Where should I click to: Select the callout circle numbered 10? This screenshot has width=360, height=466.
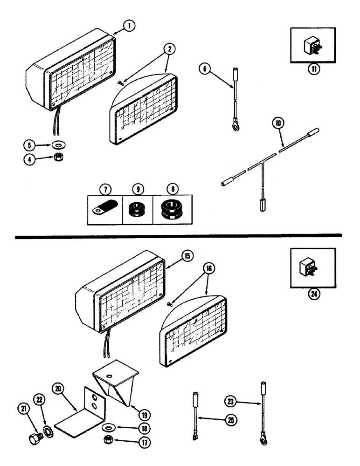[x=278, y=124]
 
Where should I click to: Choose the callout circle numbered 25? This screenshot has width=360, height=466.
[x=230, y=420]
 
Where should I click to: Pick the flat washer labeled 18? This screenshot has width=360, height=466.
[x=108, y=426]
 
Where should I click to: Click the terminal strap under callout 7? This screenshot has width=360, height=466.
[x=103, y=208]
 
